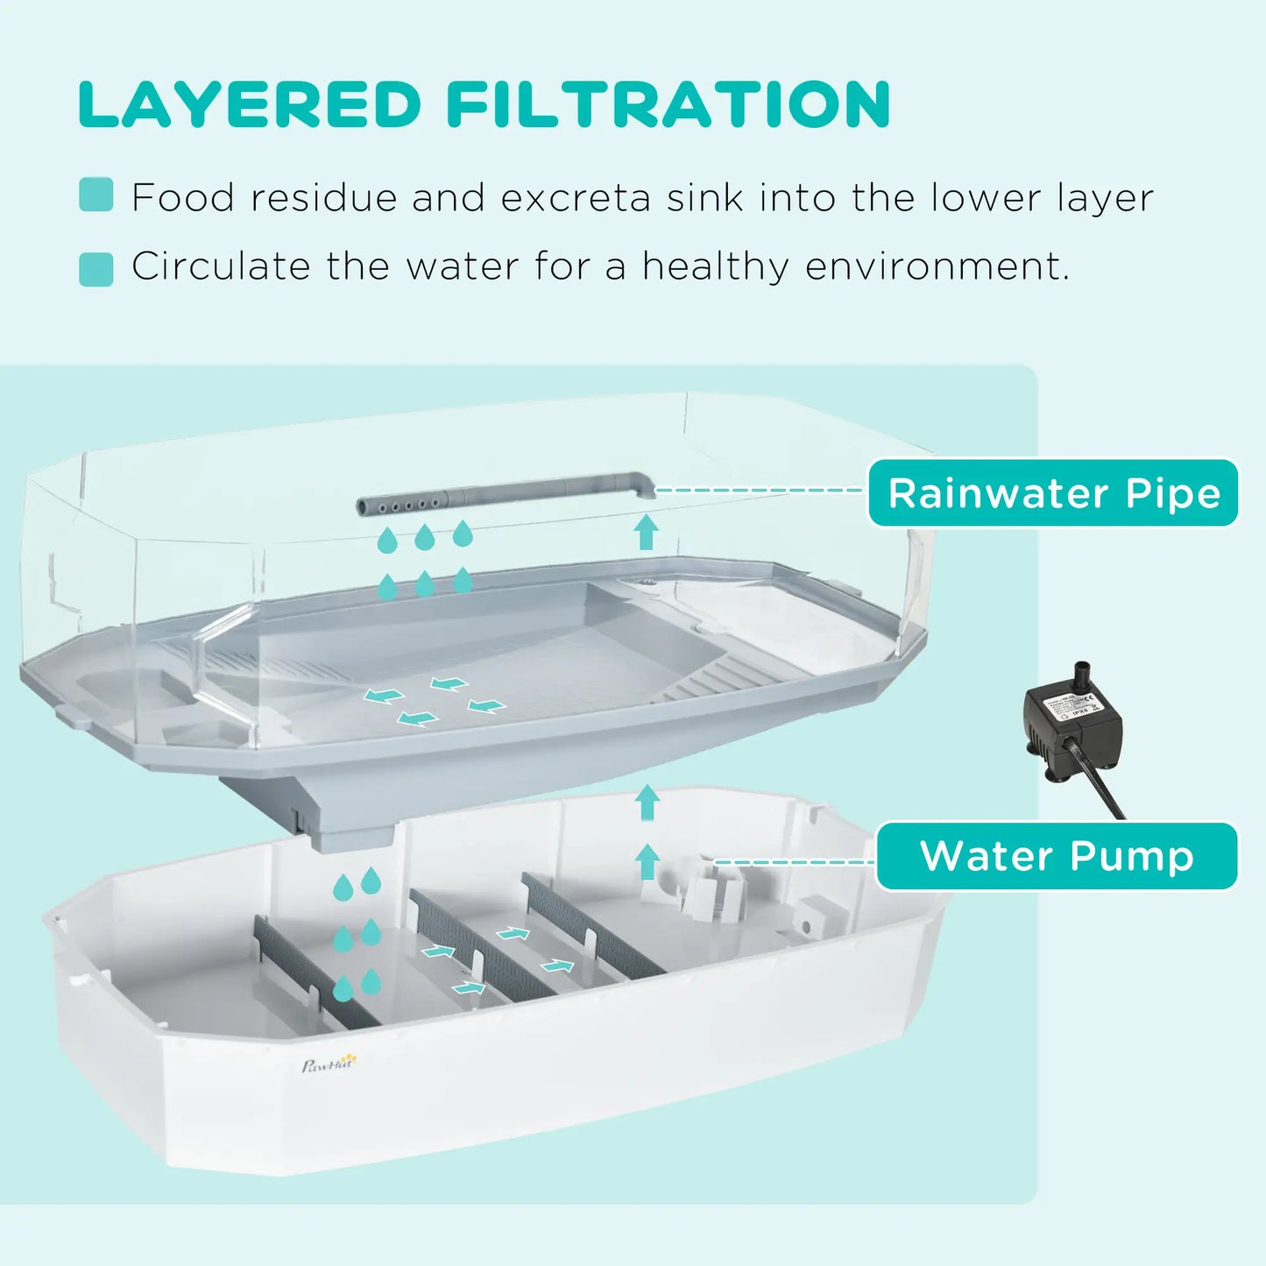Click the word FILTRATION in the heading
coord(668,105)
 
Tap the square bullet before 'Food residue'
coord(95,194)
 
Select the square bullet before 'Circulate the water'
coord(95,269)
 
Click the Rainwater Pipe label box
coord(1053,493)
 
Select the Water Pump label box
coord(1057,856)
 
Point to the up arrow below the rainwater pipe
coord(647,533)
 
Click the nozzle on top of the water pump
coord(1083,675)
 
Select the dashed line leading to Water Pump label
coord(793,862)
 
